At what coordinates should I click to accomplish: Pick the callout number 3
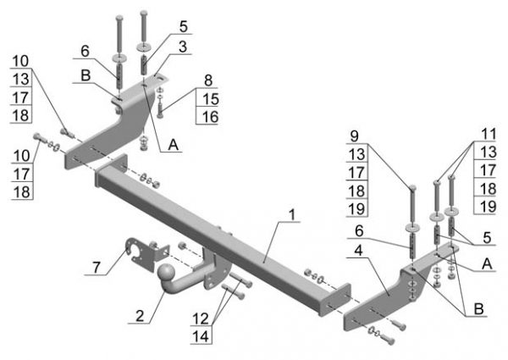point(182,45)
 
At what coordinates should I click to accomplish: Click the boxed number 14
point(200,336)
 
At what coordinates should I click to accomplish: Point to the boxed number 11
point(487,134)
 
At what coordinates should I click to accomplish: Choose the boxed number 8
point(207,81)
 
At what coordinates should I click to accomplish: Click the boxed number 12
point(200,318)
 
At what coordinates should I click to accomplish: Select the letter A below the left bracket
point(174,146)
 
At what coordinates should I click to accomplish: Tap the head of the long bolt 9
point(411,188)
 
